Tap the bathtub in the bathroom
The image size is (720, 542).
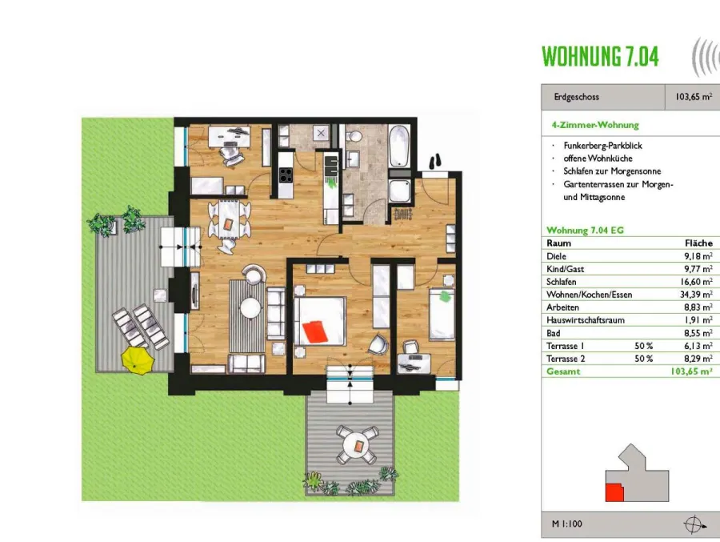[398, 146]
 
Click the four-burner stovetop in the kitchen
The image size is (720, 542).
[286, 175]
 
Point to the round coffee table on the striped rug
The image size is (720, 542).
[250, 308]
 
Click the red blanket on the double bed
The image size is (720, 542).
[316, 331]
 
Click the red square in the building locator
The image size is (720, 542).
[614, 492]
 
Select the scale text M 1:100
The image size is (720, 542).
[566, 524]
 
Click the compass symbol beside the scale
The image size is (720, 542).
[694, 524]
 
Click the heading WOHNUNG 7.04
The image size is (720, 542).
[600, 57]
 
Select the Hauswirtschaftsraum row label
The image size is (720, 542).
[586, 320]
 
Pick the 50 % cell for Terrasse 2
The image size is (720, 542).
[643, 359]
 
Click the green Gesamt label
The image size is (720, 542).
[563, 371]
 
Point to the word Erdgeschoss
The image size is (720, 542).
[576, 97]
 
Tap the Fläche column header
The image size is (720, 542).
[698, 243]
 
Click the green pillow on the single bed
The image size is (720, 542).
[445, 296]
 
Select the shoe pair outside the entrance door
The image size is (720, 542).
[435, 162]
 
